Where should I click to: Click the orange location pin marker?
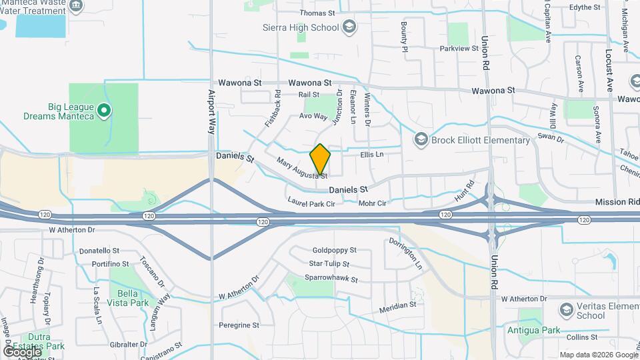tap(320, 159)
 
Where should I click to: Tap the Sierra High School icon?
tap(349, 27)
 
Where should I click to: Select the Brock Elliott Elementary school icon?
tap(421, 139)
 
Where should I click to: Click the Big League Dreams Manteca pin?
tap(104, 111)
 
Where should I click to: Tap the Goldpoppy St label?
tap(335, 251)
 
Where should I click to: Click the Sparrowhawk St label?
tap(331, 279)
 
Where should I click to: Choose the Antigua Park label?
tap(541, 330)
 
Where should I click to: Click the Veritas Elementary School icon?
tap(566, 310)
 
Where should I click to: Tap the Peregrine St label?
tap(239, 325)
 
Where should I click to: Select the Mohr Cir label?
tap(373, 203)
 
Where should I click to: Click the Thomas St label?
tap(317, 13)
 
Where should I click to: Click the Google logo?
tap(22, 351)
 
